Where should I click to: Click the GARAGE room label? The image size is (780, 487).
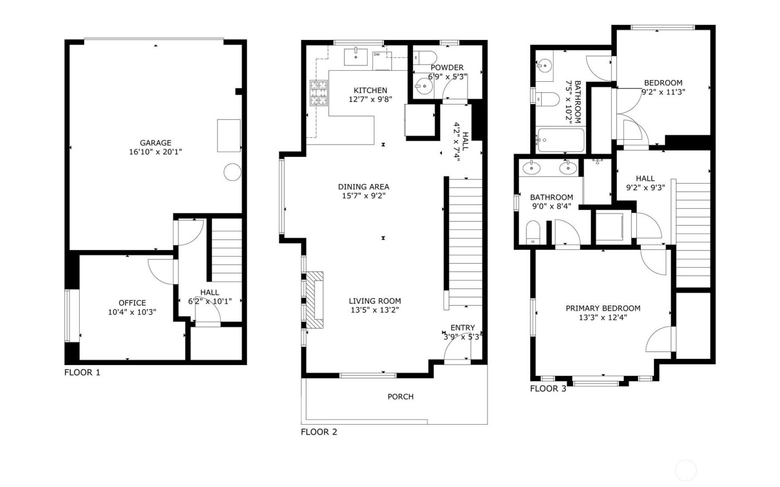coord(155,142)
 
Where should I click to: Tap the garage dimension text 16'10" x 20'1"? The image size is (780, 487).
coord(155,151)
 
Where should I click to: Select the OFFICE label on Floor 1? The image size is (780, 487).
coord(132,303)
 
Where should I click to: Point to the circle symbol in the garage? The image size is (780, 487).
coord(232,173)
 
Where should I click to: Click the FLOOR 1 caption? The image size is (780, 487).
coord(82,372)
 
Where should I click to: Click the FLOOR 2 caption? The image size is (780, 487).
coord(319,431)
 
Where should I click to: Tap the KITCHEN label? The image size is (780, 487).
coord(370,90)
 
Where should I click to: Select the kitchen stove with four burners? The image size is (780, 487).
coord(319,93)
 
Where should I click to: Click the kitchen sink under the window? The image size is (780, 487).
coord(355,56)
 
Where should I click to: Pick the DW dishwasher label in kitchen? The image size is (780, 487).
coord(377,54)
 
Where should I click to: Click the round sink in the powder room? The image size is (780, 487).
coord(425,87)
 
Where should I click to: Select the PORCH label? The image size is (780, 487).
coord(401,396)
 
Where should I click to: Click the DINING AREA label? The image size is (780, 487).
coord(364,186)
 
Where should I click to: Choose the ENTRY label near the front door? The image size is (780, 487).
coord(462,328)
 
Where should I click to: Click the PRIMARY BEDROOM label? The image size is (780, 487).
coord(603,308)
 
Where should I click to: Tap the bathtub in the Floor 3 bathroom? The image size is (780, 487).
coord(560,140)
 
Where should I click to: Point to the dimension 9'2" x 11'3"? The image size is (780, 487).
coord(663,92)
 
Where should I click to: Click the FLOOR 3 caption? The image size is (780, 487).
coord(548,388)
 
